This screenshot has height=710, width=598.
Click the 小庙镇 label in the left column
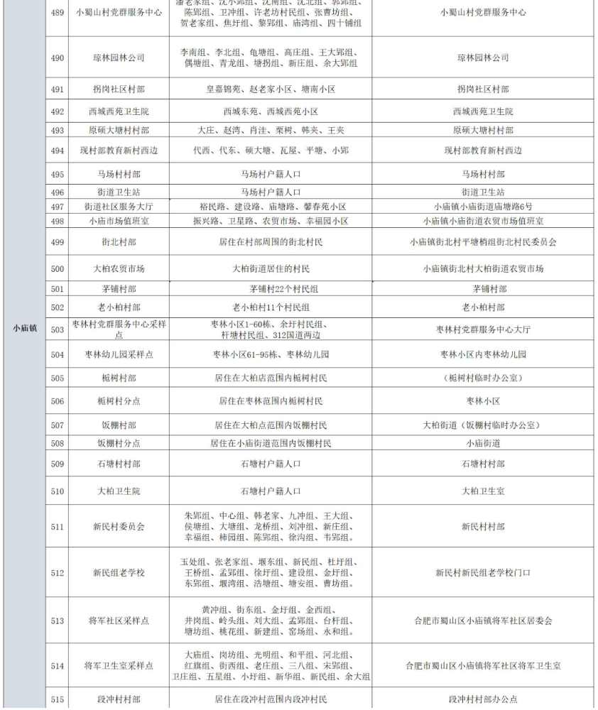click(25, 328)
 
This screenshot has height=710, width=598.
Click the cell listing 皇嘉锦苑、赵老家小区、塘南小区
click(271, 89)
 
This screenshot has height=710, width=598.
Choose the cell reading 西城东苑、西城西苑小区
click(271, 111)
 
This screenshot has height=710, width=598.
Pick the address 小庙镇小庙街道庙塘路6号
click(483, 207)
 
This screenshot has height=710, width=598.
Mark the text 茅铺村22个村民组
click(271, 289)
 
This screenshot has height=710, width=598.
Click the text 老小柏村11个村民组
click(271, 307)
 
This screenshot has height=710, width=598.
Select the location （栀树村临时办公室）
click(483, 378)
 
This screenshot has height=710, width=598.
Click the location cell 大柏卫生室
click(483, 491)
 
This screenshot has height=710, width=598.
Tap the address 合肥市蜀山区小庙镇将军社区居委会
click(483, 621)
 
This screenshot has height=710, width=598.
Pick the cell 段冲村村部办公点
click(483, 699)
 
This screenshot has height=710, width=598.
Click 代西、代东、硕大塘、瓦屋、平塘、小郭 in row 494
click(271, 151)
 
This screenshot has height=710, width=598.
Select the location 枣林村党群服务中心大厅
click(483, 329)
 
